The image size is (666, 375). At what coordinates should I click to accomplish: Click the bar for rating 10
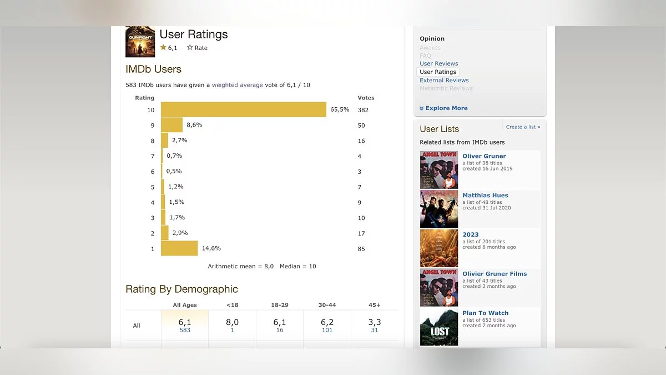243,109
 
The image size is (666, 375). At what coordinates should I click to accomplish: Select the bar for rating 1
179,248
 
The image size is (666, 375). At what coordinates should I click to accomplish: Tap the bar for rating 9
171,125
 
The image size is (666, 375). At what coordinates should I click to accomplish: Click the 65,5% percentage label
340,109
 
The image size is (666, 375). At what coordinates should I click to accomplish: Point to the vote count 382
363,110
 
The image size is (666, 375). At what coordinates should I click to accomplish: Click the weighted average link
237,85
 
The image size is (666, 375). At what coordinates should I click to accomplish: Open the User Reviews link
438,63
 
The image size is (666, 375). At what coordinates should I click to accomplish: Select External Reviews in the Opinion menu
444,80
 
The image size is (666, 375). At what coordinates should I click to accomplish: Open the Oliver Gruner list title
484,156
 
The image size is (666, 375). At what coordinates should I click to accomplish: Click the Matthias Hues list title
485,195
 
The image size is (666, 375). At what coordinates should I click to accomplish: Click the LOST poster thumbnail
439,327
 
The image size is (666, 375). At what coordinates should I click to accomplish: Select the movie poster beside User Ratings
140,42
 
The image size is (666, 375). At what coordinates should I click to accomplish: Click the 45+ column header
374,305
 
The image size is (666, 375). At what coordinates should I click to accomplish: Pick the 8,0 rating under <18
232,322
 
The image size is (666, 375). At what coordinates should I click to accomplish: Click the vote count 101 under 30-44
327,330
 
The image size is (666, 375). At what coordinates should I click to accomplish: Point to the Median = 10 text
297,266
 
